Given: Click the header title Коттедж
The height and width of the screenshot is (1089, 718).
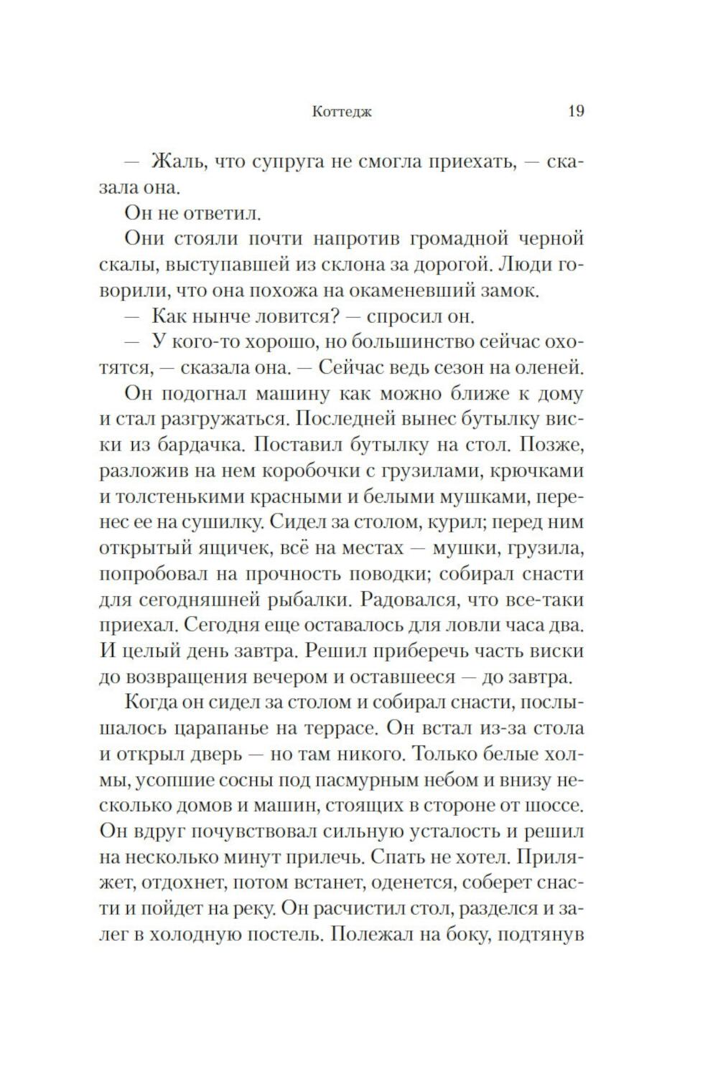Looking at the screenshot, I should tap(342, 112).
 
